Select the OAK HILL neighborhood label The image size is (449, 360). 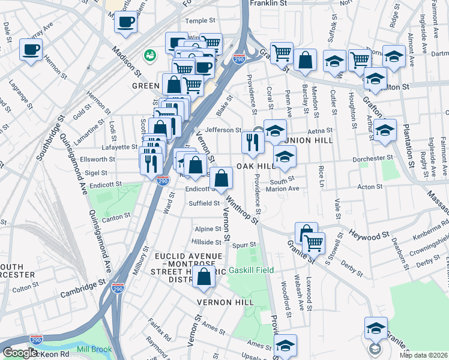coord(255,166)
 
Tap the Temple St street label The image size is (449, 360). coord(200,21)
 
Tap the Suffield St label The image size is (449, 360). coord(204,203)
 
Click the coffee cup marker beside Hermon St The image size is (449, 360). coord(31,50)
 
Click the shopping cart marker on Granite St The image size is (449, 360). coord(313,243)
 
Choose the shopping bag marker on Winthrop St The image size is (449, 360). coord(221,178)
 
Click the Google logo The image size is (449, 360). coord(20,353)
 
